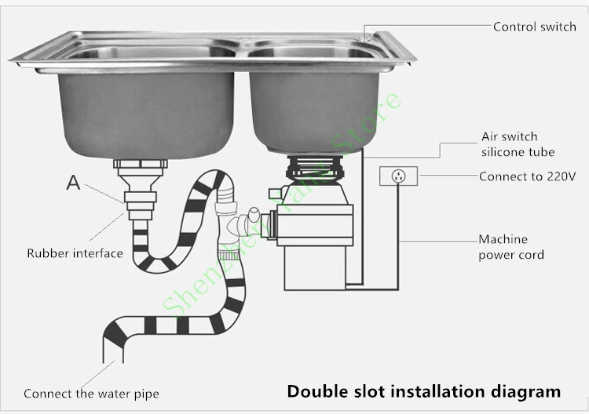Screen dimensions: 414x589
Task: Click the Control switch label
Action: click(534, 27)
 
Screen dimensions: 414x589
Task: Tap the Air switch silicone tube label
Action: click(518, 144)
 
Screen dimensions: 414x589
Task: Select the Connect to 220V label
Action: click(527, 176)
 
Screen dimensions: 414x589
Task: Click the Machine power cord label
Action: click(510, 247)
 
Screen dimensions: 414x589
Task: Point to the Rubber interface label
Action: click(75, 253)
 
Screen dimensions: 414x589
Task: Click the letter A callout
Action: click(73, 183)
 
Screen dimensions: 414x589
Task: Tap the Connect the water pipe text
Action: click(91, 394)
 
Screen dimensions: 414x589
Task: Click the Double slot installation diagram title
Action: click(423, 390)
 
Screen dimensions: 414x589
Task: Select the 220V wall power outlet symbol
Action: click(398, 176)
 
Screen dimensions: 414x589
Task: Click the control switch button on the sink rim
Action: click(366, 36)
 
